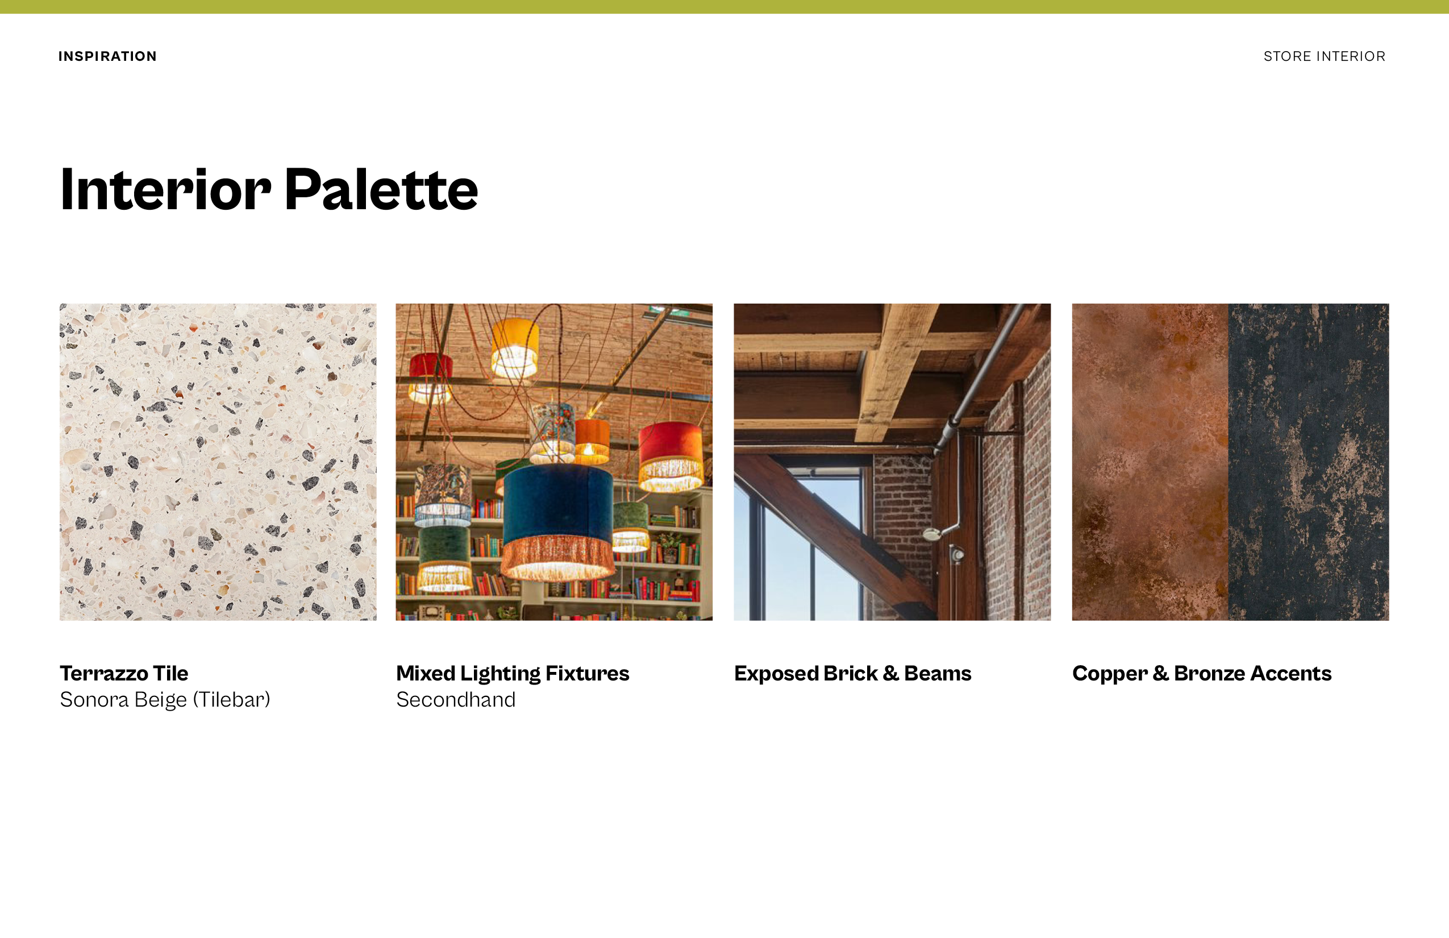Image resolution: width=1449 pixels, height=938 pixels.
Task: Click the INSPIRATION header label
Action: point(107,56)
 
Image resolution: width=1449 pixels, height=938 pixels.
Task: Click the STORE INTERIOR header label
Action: point(1324,56)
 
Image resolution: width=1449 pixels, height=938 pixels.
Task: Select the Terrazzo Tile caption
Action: point(124,673)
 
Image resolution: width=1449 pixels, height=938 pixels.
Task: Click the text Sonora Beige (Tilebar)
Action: point(165,700)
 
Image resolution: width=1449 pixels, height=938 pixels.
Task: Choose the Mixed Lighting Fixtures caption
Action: point(513,674)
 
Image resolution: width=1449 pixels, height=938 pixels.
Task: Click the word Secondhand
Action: point(456,700)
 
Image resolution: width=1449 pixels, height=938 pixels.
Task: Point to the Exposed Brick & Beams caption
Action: point(852,674)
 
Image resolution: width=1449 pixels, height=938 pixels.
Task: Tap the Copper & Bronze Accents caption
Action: point(1202,674)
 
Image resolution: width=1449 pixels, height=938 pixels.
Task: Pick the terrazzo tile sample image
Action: point(218,462)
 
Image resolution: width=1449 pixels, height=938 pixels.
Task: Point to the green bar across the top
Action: point(724,7)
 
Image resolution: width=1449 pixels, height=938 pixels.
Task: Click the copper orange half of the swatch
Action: point(1150,462)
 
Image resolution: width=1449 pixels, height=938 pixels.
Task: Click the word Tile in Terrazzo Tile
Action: point(170,673)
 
